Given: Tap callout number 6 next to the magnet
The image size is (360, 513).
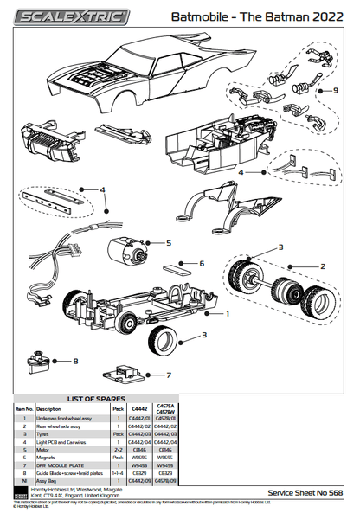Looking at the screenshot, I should tap(202, 264).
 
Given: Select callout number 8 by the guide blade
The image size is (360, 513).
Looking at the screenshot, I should tap(75, 361).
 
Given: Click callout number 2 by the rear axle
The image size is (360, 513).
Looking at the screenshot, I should tap(323, 266).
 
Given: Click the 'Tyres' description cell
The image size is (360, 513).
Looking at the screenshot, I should tap(42, 434).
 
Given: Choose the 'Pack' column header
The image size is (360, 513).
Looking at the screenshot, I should tap(118, 408).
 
